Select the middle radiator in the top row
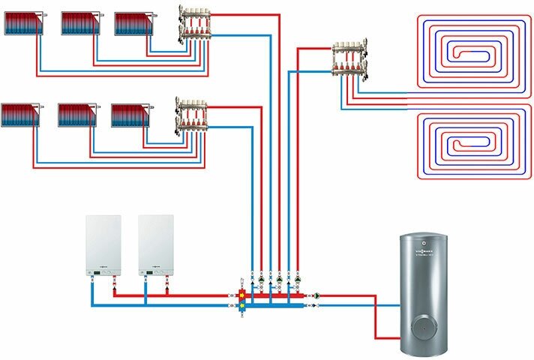(79, 22)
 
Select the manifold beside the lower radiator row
(191, 114)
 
